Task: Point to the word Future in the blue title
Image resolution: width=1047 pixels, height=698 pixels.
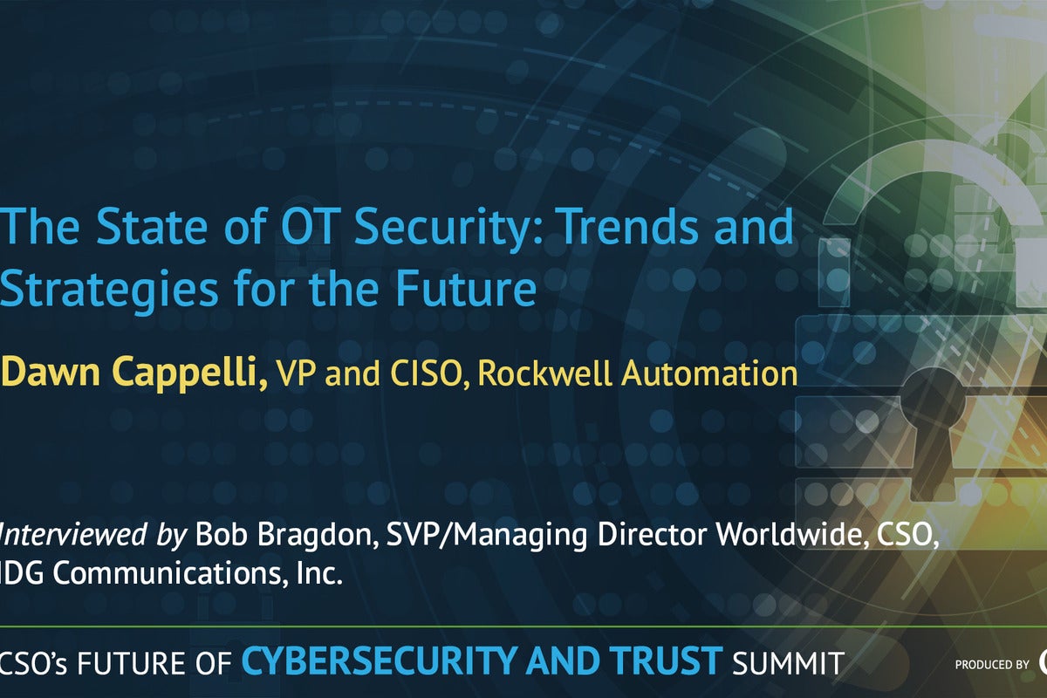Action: point(467,288)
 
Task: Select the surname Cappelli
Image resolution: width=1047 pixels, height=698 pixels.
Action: point(190,374)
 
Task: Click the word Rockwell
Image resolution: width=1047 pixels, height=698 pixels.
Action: point(544,373)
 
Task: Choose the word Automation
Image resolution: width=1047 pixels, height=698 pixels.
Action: point(709,373)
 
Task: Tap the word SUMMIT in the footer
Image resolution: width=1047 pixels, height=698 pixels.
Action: point(788,663)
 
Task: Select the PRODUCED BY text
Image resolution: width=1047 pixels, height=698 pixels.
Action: point(992,664)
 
